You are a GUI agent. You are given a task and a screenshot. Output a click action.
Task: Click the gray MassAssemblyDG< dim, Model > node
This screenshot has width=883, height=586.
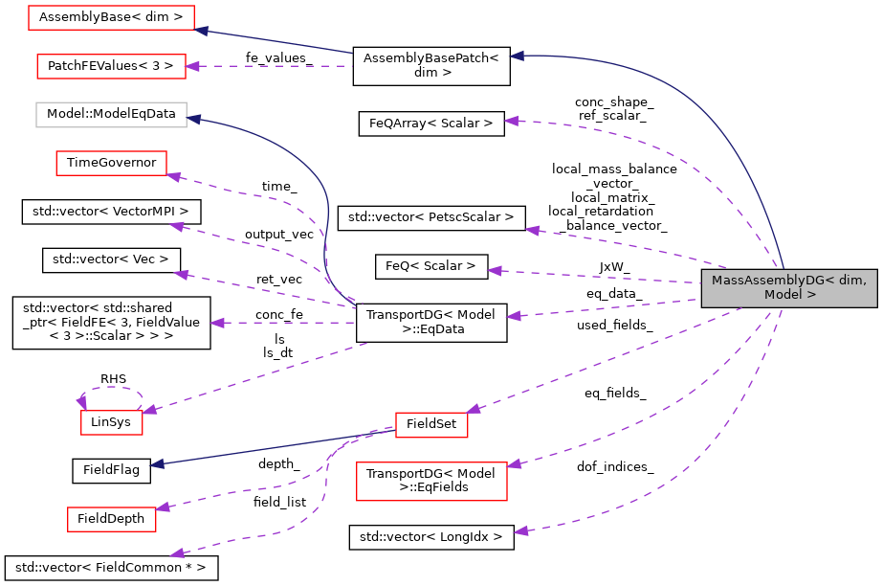point(788,288)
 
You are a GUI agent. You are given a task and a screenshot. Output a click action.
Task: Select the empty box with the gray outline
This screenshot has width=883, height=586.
point(111,115)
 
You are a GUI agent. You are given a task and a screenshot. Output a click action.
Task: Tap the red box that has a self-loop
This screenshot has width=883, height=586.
point(111,422)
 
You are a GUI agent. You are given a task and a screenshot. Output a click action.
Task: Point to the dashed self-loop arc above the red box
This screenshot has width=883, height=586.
point(113,389)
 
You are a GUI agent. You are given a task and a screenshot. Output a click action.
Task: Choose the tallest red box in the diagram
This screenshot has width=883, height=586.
point(431,481)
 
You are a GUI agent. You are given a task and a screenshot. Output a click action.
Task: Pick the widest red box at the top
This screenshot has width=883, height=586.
point(111,17)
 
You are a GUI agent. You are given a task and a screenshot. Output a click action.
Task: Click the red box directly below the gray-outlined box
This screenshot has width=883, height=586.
point(111,163)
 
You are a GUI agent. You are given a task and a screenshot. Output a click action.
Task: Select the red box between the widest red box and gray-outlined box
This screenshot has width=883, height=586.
point(111,66)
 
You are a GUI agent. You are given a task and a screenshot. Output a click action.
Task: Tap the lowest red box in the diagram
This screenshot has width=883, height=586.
point(111,519)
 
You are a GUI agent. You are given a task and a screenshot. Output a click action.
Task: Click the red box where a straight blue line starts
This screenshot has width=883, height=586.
point(431,425)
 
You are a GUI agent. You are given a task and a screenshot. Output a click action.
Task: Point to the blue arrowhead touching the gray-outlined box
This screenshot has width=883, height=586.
point(194,119)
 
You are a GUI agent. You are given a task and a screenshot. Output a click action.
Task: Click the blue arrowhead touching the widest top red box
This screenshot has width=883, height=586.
point(202,31)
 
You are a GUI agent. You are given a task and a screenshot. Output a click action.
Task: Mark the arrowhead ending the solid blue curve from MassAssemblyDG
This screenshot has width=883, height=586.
point(517,56)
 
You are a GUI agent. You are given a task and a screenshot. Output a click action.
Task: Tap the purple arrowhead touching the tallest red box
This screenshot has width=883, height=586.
point(514,464)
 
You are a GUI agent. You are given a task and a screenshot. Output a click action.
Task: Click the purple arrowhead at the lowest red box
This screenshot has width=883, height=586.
point(163,507)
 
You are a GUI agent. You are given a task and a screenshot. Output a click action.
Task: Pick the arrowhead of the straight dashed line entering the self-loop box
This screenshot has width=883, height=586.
point(150,410)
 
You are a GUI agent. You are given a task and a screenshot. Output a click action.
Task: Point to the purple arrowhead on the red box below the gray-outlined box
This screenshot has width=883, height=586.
point(174,176)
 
